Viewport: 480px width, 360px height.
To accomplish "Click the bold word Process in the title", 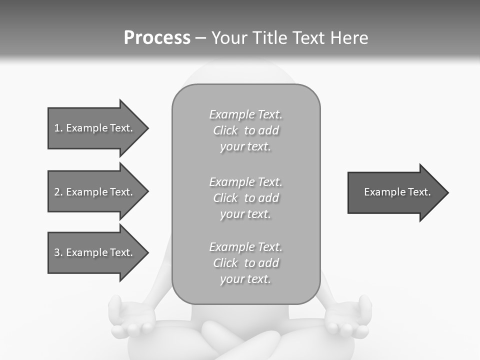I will click(x=157, y=38).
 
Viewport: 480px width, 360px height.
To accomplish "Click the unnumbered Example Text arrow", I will click(x=397, y=192).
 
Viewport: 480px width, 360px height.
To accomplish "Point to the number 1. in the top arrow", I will click(x=58, y=128).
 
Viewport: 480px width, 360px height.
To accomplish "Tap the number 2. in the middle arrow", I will click(x=58, y=192).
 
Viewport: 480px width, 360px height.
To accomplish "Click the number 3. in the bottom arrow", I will click(x=58, y=252).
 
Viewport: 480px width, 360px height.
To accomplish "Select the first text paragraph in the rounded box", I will click(x=245, y=130).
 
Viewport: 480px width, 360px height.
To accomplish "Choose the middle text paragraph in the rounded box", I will click(x=245, y=198).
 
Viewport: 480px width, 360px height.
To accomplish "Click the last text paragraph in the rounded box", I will click(x=245, y=263).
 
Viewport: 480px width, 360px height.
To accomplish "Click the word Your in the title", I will click(x=229, y=38).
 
